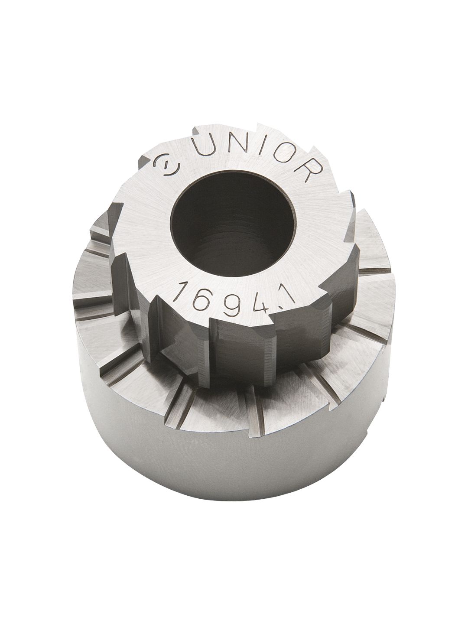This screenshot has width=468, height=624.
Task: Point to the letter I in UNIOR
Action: point(254,149)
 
